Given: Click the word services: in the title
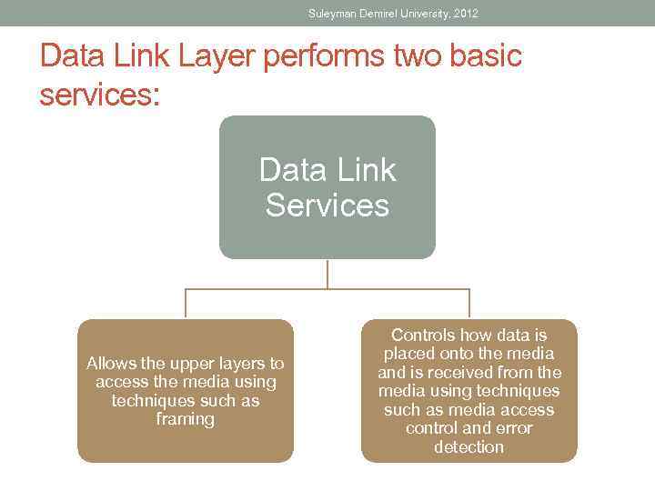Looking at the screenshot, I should [x=99, y=95].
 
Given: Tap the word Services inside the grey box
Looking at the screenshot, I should [x=327, y=205].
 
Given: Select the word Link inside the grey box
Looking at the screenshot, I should [x=362, y=169].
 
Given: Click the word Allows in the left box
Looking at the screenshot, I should [x=111, y=364].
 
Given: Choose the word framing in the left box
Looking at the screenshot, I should [x=186, y=419].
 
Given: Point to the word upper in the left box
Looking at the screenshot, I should [x=195, y=364].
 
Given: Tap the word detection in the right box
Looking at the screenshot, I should [x=469, y=446].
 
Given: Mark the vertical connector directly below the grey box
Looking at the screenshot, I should [x=327, y=274].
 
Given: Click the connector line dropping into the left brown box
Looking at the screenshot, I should [x=186, y=304].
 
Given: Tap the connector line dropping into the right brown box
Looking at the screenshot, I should [x=469, y=304].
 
